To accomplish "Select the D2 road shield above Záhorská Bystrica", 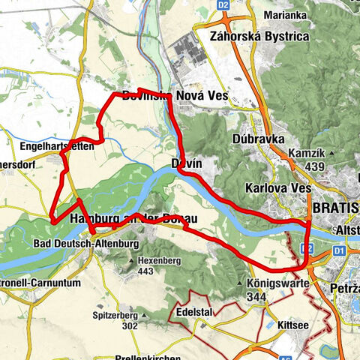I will [x=223, y=4].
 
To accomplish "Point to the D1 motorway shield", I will [x=338, y=250].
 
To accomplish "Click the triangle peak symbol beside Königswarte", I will [x=239, y=284].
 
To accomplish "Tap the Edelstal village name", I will [x=198, y=310].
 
